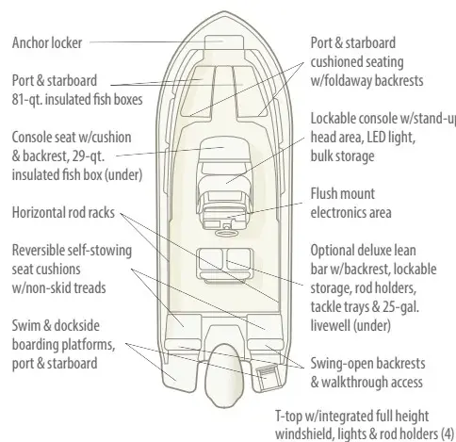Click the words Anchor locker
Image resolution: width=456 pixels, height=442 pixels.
(x=47, y=43)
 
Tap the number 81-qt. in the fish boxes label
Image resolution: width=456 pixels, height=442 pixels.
(x=27, y=100)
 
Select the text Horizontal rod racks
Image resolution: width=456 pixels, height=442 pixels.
(x=63, y=213)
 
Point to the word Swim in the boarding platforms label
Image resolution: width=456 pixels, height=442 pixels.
(x=25, y=326)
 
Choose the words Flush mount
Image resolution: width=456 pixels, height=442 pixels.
(x=343, y=194)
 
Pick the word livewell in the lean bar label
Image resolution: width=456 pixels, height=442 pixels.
(x=331, y=326)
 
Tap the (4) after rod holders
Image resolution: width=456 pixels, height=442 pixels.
(x=448, y=434)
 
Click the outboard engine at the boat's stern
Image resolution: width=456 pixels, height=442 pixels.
(x=224, y=375)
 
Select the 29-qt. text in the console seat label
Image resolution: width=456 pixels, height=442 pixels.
(x=89, y=156)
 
